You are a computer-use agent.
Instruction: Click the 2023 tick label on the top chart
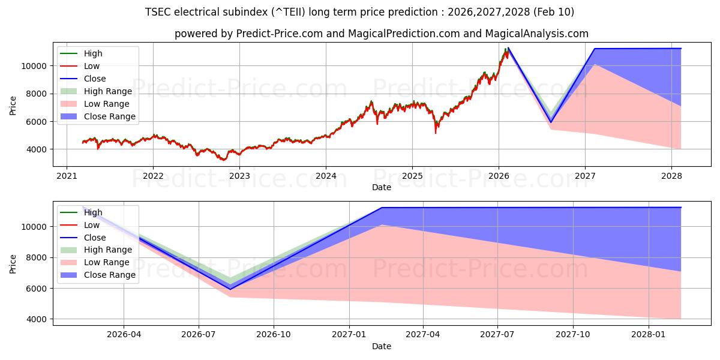(x=239, y=176)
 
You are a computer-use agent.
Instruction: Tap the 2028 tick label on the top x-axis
(x=671, y=176)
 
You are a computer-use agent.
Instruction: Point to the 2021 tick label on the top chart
(x=66, y=176)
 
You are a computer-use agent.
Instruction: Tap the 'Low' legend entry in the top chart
(x=92, y=66)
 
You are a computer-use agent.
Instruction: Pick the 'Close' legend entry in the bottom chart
(x=95, y=238)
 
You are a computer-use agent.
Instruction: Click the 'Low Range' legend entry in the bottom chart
(x=107, y=262)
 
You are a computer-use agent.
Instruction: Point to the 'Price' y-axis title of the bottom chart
(x=13, y=263)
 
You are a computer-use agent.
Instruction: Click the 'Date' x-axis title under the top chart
(x=381, y=187)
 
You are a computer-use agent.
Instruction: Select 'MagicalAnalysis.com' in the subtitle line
(x=539, y=34)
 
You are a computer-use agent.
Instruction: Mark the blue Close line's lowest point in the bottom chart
(x=230, y=289)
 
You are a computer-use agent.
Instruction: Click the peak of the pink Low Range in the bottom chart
(x=382, y=225)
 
